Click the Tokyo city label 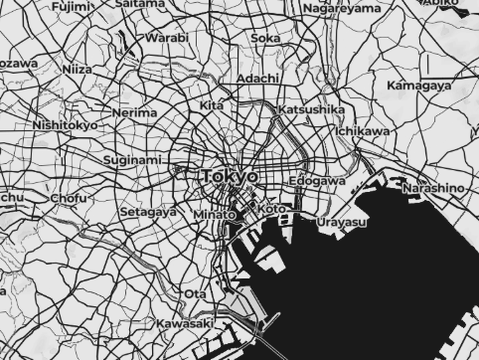(x=229, y=176)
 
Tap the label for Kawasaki (x=186, y=324)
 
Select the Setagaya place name (x=148, y=212)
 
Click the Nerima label (x=134, y=113)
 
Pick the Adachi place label (x=259, y=78)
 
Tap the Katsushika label (x=311, y=109)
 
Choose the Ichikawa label (x=363, y=131)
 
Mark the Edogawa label (x=317, y=182)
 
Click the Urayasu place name (x=342, y=222)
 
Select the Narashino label (x=433, y=187)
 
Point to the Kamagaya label (x=417, y=87)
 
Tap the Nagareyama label (x=341, y=9)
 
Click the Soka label (x=265, y=39)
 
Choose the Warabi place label (x=167, y=38)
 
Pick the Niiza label (x=77, y=70)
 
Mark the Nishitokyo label (x=65, y=126)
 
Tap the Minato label (x=214, y=215)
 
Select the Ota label (x=195, y=294)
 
